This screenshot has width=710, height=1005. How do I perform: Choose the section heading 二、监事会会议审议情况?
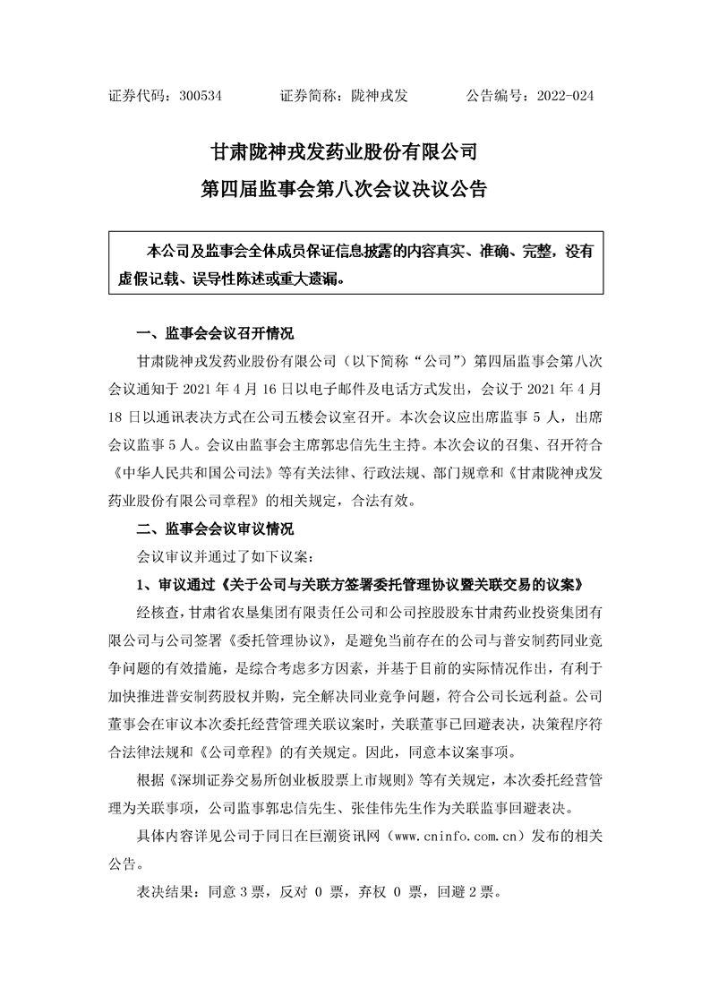pos(214,528)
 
